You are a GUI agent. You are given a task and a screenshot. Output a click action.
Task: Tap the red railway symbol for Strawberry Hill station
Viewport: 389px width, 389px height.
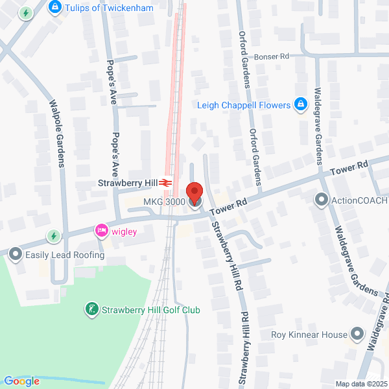click(166, 183)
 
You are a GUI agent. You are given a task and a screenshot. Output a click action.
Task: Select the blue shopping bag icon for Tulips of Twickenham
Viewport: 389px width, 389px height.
click(55, 8)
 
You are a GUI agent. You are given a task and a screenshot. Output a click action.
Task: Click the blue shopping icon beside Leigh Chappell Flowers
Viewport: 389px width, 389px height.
click(300, 104)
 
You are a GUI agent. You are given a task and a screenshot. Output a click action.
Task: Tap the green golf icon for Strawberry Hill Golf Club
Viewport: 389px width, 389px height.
click(92, 309)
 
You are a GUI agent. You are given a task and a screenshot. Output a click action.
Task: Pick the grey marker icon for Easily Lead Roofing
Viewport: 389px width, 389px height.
click(16, 254)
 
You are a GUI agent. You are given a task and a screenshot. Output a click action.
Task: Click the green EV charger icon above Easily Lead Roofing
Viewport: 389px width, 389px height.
click(54, 235)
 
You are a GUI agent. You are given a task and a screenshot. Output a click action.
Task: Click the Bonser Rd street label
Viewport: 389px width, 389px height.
click(271, 56)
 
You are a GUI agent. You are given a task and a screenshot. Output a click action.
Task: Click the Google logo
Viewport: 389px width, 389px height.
click(21, 381)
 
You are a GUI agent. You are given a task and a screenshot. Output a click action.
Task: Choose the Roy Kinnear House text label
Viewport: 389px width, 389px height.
click(309, 335)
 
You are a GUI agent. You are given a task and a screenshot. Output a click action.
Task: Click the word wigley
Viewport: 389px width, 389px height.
click(123, 231)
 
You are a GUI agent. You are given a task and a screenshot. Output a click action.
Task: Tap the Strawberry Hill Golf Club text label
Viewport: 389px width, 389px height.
click(150, 310)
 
